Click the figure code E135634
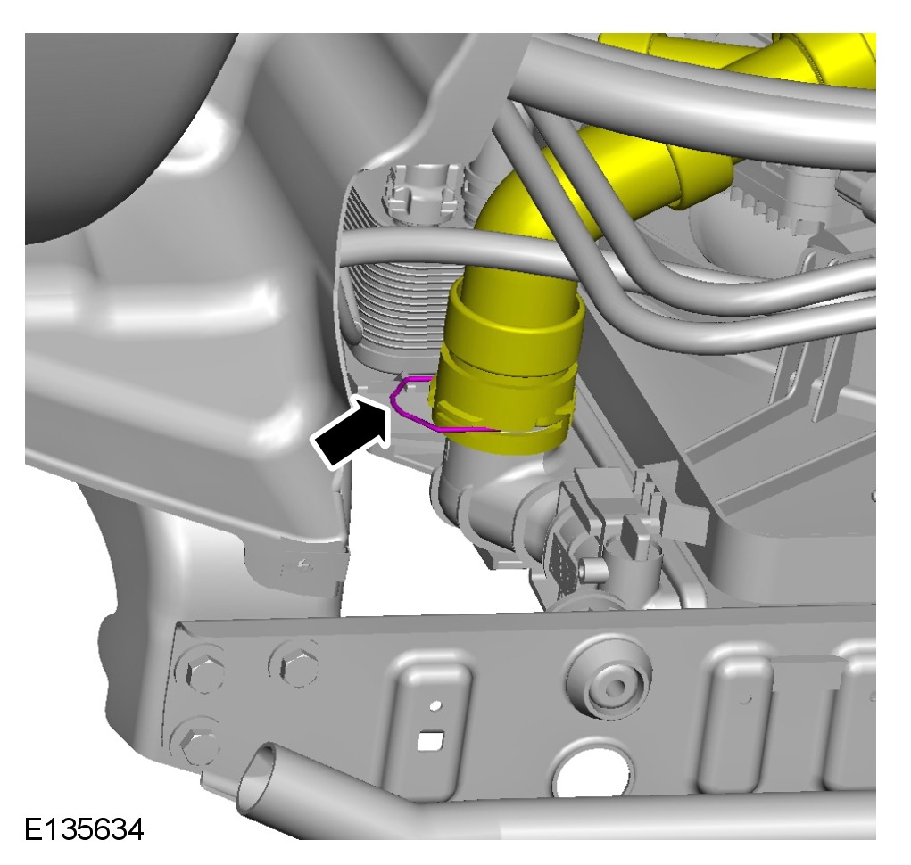tap(84, 829)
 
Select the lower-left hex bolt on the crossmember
tap(199, 745)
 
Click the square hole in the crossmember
tap(431, 739)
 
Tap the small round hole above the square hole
tap(435, 705)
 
